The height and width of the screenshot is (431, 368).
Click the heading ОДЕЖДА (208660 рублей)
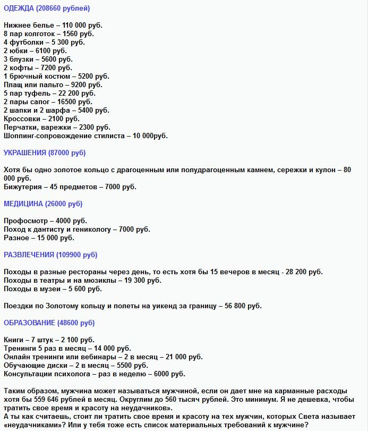[47, 8]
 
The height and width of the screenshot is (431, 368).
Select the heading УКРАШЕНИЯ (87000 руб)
[45, 153]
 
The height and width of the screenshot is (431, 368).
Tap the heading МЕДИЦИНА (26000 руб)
[43, 204]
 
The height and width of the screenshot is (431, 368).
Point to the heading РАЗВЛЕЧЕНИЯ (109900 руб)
[50, 255]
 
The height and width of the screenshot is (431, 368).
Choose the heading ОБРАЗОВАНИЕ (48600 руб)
[49, 323]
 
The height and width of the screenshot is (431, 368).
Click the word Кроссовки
[22, 119]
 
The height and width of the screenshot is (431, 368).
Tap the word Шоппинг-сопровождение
[45, 136]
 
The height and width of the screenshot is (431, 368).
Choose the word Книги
[14, 340]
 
